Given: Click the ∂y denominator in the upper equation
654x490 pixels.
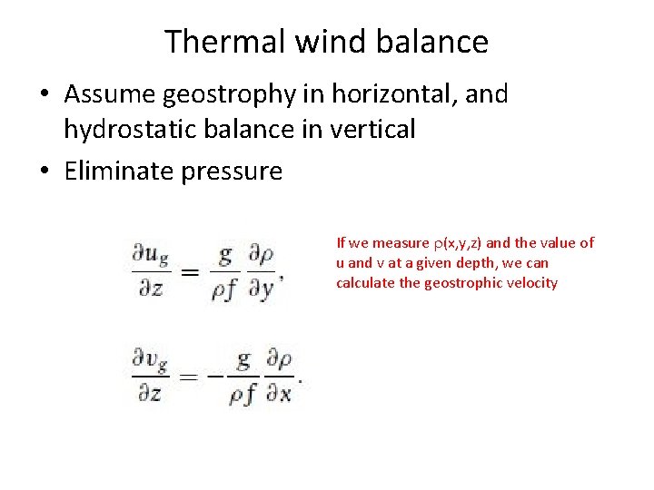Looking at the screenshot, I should click(x=262, y=290).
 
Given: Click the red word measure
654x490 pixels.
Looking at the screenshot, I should click(x=401, y=242).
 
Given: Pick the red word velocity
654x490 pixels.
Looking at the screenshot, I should click(x=530, y=282).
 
